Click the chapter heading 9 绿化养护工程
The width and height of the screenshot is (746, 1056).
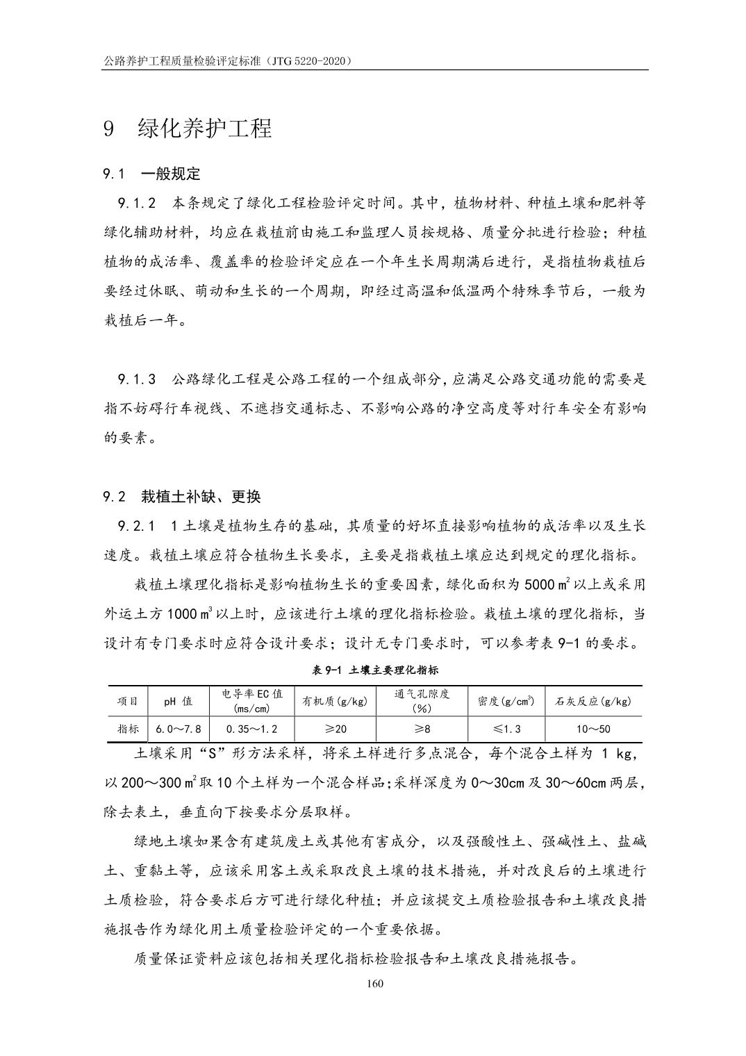(188, 129)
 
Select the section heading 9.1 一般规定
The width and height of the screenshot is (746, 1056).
(151, 174)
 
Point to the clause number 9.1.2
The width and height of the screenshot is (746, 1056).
(137, 204)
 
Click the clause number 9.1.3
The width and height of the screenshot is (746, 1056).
(137, 379)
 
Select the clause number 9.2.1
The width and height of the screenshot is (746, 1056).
(137, 526)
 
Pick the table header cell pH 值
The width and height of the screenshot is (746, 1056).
(179, 701)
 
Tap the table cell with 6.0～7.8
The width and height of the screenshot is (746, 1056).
(179, 729)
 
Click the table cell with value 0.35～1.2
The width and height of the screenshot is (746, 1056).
(251, 729)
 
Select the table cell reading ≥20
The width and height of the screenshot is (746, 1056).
(335, 729)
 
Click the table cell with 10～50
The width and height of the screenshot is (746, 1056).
(594, 729)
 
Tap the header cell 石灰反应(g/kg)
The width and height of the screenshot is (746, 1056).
(594, 701)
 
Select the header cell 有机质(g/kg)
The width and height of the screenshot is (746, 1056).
(335, 701)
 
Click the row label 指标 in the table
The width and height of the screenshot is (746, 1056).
(128, 729)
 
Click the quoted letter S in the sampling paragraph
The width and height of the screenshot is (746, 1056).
(215, 754)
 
